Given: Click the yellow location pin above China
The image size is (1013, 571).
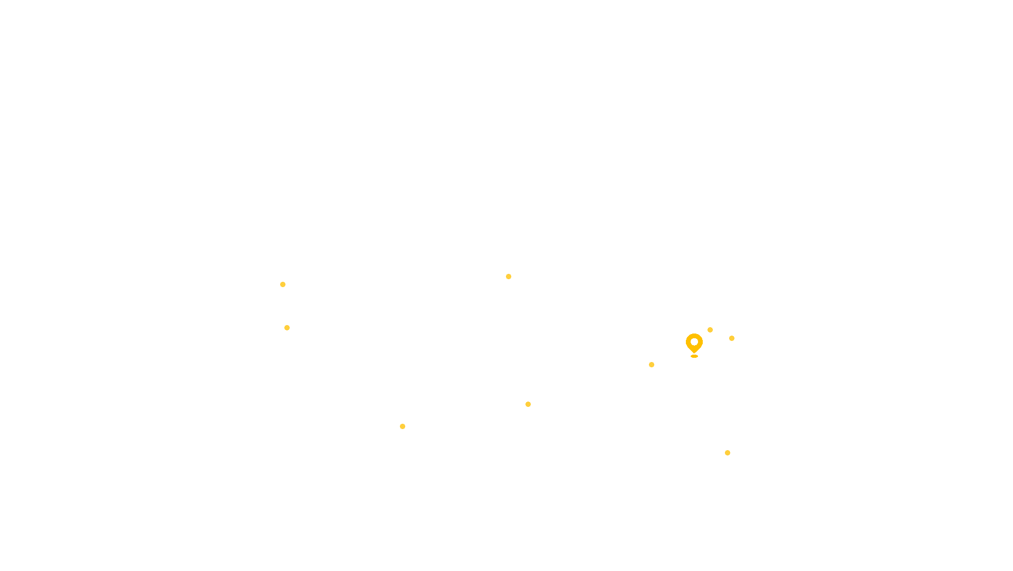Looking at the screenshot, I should point(694,344).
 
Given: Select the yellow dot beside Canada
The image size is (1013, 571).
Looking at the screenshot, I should point(283,284).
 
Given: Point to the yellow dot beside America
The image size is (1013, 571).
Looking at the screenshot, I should point(287,328).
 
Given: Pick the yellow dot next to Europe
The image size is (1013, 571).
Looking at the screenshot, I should point(509,277).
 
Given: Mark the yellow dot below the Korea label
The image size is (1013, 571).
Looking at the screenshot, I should point(710,330).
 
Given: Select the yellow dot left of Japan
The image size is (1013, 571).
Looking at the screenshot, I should point(732,338).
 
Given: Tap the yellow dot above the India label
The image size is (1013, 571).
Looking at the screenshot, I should point(652,365).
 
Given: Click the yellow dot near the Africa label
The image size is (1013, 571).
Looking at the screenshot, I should point(528,404).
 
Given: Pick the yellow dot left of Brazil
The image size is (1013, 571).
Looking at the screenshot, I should point(403,426).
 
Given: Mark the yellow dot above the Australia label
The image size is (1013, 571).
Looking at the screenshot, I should point(728,453).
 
